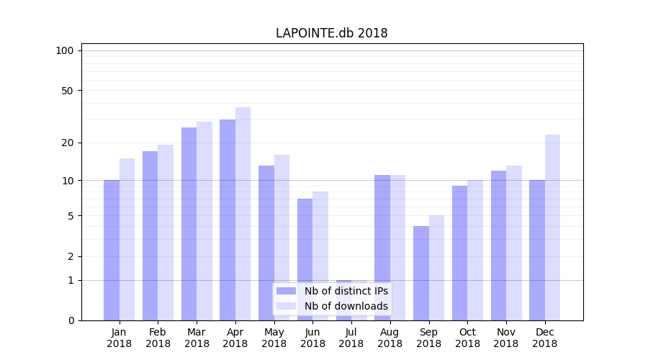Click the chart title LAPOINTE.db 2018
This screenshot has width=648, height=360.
click(x=332, y=33)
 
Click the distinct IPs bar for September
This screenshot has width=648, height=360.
click(x=421, y=273)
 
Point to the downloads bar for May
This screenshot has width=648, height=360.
click(x=282, y=238)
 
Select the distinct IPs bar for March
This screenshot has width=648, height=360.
click(x=189, y=224)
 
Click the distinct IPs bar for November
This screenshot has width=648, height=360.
click(x=498, y=246)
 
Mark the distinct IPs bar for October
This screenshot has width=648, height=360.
click(x=459, y=253)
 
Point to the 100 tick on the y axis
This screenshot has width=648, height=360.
click(x=65, y=50)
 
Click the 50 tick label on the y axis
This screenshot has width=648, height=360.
click(x=67, y=91)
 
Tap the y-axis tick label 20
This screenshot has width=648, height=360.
click(x=67, y=143)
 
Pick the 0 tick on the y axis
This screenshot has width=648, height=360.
click(x=71, y=320)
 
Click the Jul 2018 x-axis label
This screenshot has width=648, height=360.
click(x=351, y=338)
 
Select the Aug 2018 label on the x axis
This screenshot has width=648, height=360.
click(x=390, y=338)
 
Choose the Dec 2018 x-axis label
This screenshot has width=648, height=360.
click(x=545, y=338)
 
